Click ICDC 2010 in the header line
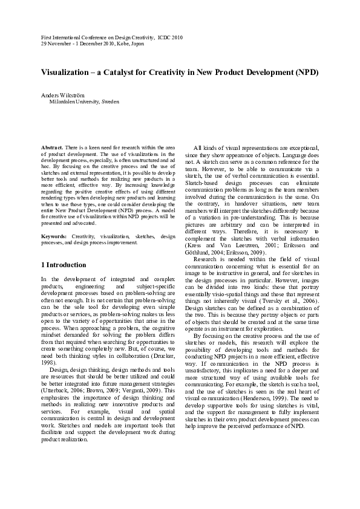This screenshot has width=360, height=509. (168, 37)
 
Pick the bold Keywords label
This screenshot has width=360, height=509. (54, 236)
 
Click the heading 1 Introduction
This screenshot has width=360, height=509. (63, 265)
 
